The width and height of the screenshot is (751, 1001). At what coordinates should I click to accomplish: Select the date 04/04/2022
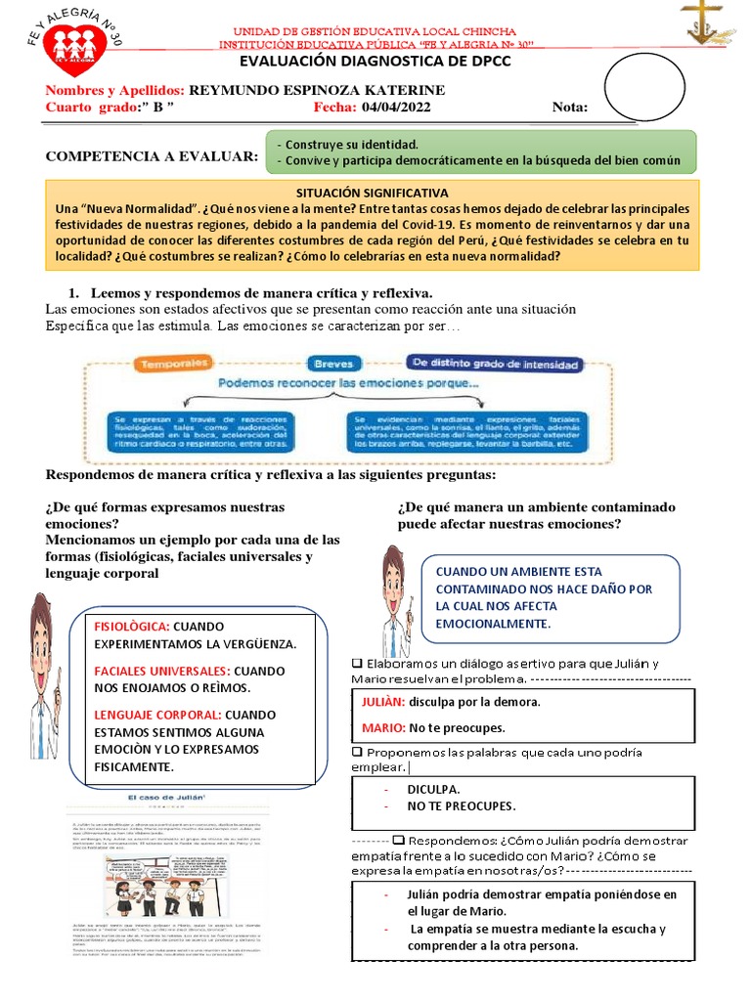click(395, 108)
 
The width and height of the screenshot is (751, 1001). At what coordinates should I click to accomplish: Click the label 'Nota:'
click(570, 108)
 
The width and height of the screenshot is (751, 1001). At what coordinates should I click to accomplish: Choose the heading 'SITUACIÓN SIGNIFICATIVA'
click(372, 194)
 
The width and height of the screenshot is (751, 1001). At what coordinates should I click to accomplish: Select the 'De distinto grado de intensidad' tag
click(496, 364)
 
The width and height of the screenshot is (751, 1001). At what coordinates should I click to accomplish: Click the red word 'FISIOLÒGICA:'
click(132, 626)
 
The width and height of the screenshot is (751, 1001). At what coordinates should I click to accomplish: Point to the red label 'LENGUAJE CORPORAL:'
click(156, 715)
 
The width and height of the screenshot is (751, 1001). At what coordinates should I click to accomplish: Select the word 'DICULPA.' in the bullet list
click(434, 788)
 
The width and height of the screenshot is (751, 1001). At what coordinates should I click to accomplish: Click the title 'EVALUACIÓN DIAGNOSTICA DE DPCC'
click(375, 61)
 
